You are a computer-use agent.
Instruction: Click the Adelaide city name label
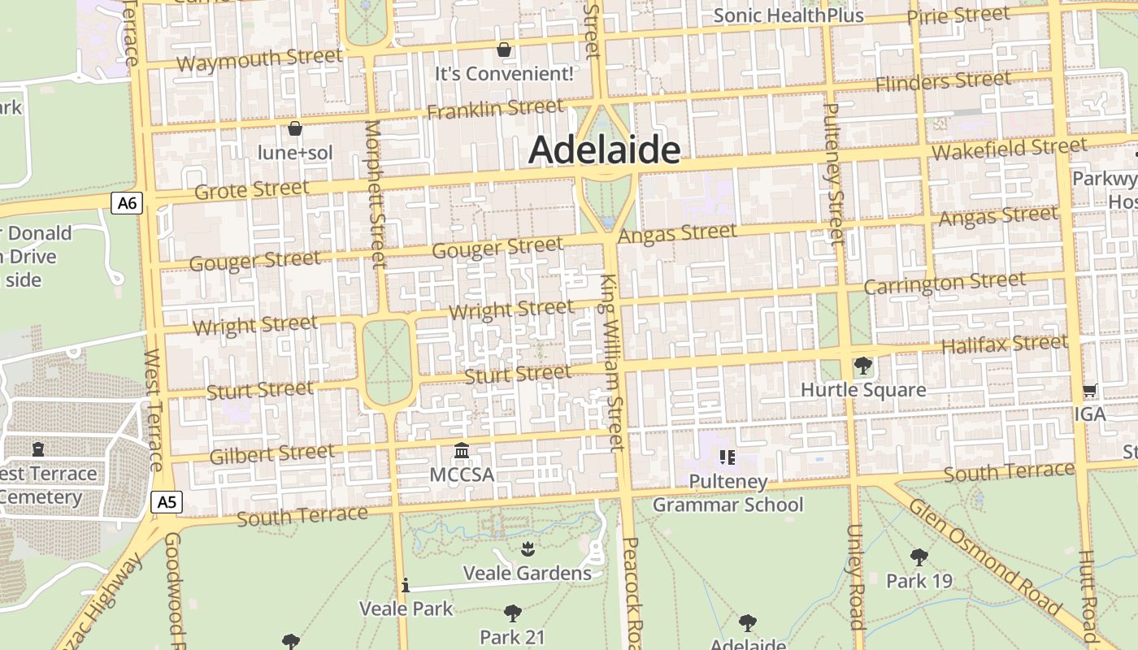605,150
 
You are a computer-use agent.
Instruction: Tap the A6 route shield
127,203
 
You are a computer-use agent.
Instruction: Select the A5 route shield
167,502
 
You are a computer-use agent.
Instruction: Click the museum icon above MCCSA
462,450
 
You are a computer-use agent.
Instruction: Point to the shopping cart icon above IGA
1090,391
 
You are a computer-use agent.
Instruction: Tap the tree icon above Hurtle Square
862,366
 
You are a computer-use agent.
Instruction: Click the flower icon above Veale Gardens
528,548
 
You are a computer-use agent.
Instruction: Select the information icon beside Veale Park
405,586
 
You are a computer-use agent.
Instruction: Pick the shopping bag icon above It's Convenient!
504,50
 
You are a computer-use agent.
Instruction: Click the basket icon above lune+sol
295,128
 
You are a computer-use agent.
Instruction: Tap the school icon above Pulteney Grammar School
728,457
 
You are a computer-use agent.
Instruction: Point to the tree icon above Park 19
919,557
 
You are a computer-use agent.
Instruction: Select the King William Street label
612,362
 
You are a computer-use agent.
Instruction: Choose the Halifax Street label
1004,344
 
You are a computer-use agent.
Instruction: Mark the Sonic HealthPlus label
788,15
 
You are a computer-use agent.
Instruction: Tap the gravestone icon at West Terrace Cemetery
37,448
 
